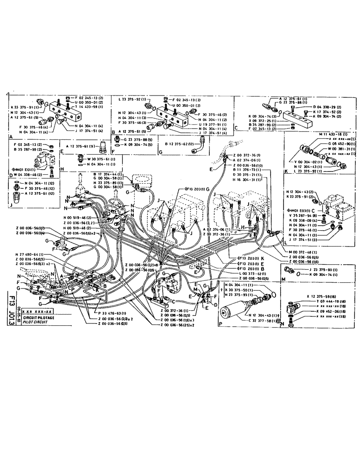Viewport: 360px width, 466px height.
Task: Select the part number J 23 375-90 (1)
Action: [314, 269]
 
